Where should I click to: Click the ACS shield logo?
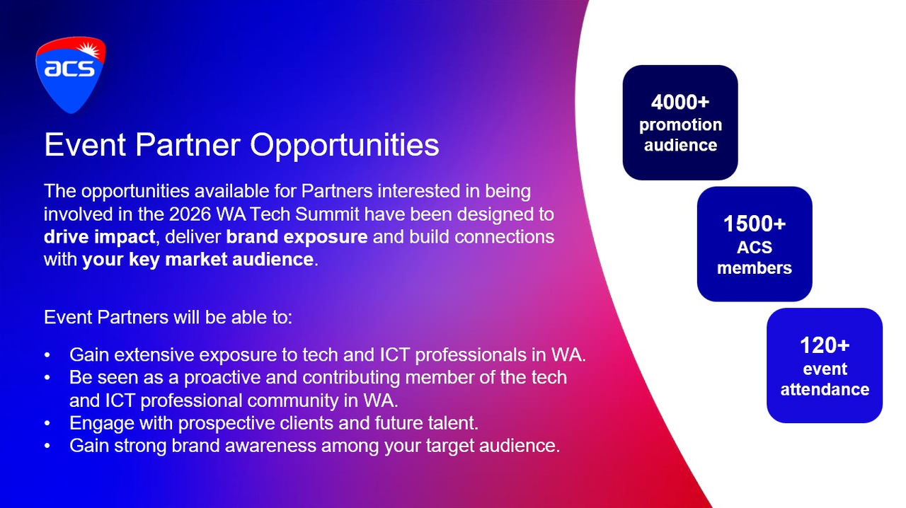coord(71,75)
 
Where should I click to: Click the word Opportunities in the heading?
coord(345,146)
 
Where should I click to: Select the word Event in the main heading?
coord(85,145)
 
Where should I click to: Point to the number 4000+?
coord(680,102)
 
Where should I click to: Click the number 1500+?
coord(755,224)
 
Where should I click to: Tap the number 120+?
coord(825,345)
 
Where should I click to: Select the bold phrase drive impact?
coord(100,237)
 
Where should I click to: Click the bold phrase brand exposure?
coord(297,237)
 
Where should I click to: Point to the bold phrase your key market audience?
coord(197,260)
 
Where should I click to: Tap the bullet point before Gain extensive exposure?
coord(47,355)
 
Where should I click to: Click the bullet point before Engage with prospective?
coord(47,424)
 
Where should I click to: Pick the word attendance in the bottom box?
coord(825,390)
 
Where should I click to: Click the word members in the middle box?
coord(755,267)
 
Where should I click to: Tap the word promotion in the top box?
coord(680,125)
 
